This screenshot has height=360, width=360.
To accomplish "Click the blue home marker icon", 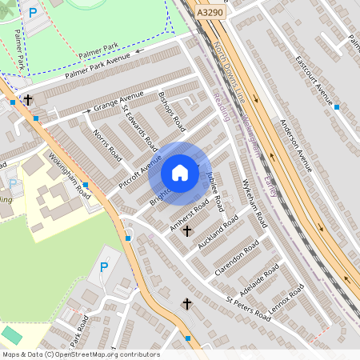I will point(180,173).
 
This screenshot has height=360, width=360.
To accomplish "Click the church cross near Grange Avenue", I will point(29,101).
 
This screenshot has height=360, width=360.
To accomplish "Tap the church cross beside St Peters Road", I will point(188,304).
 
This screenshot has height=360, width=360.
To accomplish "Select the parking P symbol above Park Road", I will point(103,266).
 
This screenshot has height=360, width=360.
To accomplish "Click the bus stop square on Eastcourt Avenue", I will point(337,106).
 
